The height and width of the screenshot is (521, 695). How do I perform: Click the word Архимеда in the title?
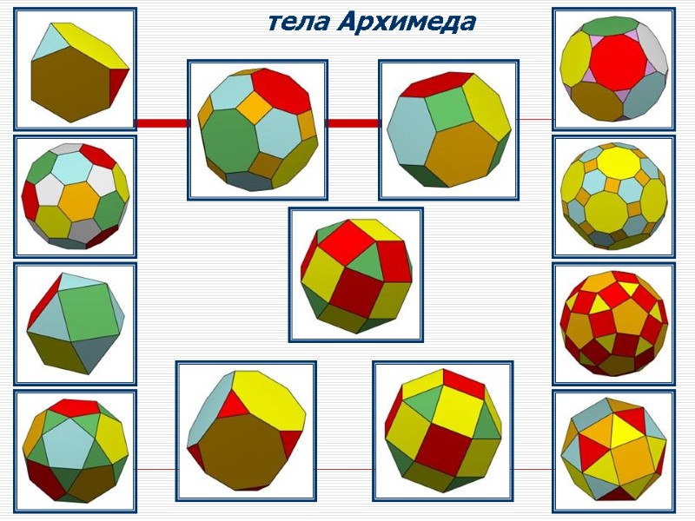click(406, 22)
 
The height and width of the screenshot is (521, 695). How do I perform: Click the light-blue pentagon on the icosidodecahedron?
click(70, 442)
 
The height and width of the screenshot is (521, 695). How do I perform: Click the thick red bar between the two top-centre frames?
click(352, 123)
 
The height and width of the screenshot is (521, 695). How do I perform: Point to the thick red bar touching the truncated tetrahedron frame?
click(162, 122)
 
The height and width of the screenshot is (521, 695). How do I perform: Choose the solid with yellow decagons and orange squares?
click(613, 196)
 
